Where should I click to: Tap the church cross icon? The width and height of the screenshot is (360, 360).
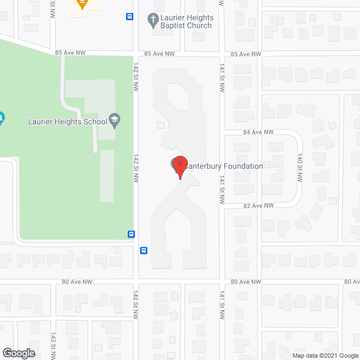[152, 21]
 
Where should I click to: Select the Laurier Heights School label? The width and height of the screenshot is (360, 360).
[67, 121]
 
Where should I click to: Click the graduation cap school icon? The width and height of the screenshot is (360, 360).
[114, 119]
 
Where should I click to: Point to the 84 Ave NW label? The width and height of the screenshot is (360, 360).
[258, 132]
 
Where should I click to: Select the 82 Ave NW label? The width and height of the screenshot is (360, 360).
[258, 206]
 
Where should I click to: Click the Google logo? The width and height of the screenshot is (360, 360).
[18, 353]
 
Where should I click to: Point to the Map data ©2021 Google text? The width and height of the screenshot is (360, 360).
[325, 355]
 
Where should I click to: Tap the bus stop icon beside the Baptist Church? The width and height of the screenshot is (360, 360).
[130, 17]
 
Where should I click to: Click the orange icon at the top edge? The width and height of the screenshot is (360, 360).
[82, 3]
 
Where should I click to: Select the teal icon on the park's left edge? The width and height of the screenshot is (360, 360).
[1, 119]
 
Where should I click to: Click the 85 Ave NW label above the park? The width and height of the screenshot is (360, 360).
[70, 53]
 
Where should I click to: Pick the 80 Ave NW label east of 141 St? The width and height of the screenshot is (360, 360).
[246, 281]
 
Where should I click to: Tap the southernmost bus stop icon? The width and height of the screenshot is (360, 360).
[144, 251]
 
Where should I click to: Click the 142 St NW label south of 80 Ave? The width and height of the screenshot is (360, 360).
[136, 304]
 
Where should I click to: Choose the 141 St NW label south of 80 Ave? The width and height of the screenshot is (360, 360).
[223, 304]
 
